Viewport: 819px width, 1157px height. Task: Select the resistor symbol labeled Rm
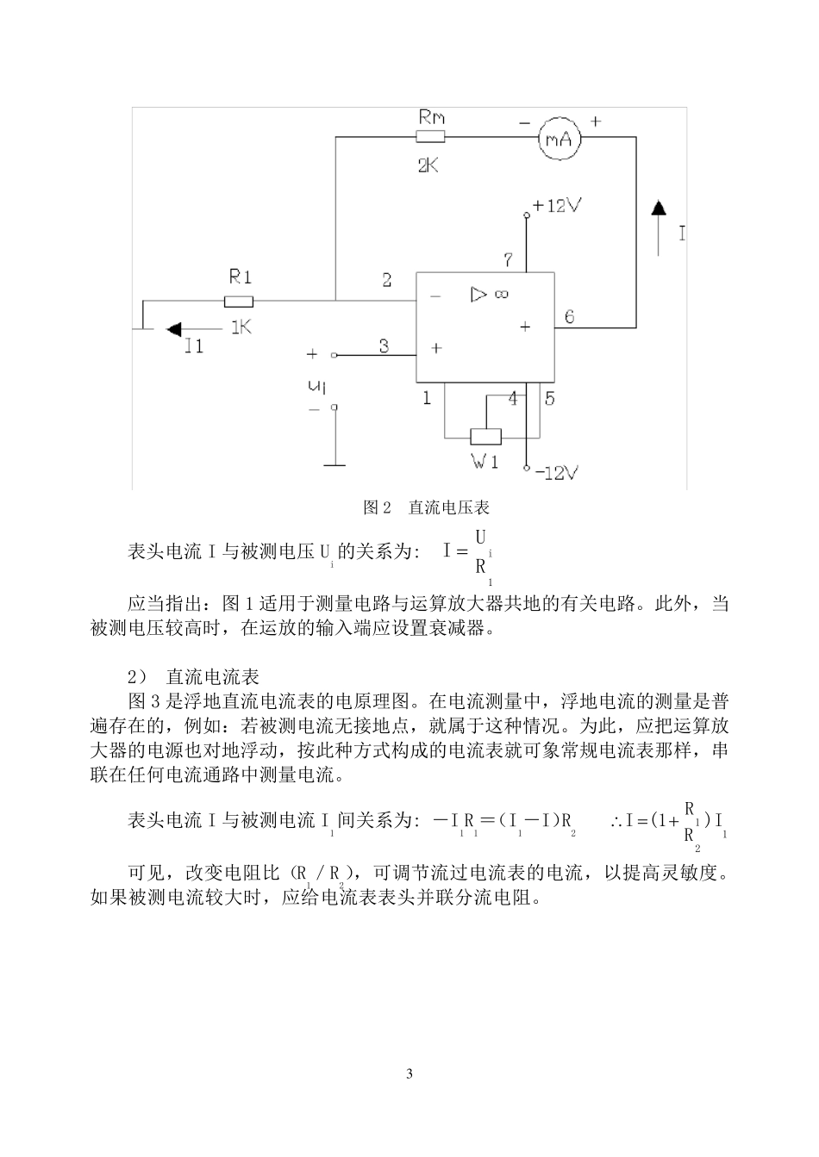(x=430, y=137)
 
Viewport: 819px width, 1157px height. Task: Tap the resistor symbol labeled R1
(x=239, y=301)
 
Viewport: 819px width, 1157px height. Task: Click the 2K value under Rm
(x=428, y=165)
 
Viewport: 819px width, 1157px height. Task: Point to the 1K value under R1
(x=240, y=327)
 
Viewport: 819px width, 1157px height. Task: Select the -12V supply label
(x=556, y=472)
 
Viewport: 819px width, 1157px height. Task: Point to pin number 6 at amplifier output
(x=569, y=316)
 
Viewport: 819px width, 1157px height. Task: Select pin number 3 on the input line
(x=384, y=345)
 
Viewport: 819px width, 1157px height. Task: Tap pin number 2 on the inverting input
(x=387, y=279)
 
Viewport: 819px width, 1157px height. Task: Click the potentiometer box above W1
(x=485, y=436)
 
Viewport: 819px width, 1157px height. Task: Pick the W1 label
(x=485, y=462)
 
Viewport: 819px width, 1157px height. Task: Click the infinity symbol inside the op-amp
(x=501, y=295)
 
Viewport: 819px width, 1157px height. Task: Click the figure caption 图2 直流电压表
(x=427, y=508)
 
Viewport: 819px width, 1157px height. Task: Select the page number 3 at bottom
(x=409, y=1073)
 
